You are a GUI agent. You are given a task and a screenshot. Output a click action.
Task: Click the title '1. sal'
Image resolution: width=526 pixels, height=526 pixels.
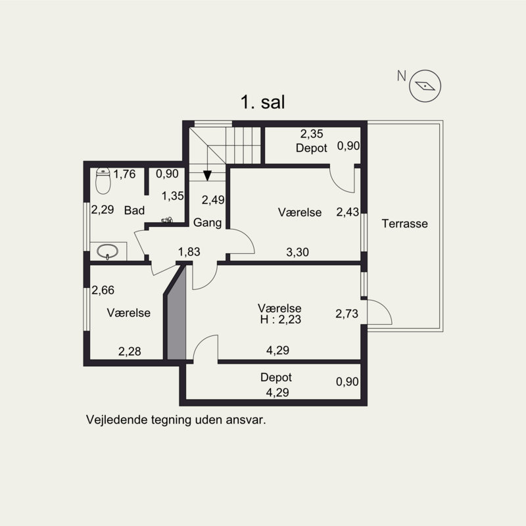coord(262,103)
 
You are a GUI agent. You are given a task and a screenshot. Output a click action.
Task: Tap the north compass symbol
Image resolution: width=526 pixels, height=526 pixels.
coord(425,85)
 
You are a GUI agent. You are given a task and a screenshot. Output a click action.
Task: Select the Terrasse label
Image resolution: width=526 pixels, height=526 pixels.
coord(405,224)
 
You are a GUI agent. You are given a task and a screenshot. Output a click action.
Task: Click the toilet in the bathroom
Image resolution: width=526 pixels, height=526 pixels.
coord(103,180)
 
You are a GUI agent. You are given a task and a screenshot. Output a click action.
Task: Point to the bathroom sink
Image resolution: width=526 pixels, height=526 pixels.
coord(108,251)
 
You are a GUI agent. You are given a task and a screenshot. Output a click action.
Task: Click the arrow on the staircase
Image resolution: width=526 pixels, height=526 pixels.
coord(208,174)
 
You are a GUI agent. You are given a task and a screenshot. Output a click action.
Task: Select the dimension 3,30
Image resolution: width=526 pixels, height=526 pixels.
coord(297,251)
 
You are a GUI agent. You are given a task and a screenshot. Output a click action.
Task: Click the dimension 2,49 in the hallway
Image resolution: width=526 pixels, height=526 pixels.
coord(213,201)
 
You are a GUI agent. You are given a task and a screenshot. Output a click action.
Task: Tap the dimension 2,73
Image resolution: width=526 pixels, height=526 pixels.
coord(347,314)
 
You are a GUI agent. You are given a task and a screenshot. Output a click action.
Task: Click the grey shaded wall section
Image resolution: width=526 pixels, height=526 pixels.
coord(176,318)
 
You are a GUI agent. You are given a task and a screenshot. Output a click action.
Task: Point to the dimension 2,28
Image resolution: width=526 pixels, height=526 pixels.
coord(130,351)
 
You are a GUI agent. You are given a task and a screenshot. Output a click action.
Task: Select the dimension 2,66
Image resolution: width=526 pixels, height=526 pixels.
coord(102,290)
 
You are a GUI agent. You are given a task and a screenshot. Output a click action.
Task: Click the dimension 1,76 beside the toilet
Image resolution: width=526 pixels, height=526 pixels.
coord(124,174)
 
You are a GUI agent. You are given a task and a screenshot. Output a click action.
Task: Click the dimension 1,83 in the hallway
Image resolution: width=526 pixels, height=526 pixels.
coord(189,251)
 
